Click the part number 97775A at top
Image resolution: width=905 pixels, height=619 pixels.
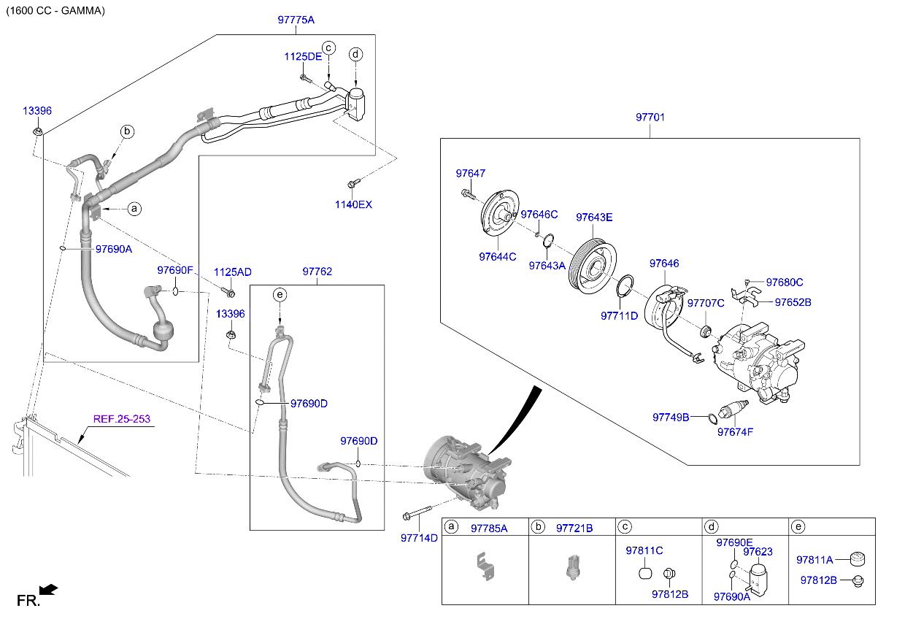(296, 20)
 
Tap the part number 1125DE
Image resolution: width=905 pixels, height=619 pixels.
(303, 56)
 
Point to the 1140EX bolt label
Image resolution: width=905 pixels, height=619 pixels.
(353, 204)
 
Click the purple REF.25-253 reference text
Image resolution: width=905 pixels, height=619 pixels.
(121, 419)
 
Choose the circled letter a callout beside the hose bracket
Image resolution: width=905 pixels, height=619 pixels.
(134, 209)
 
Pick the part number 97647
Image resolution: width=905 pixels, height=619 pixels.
(470, 174)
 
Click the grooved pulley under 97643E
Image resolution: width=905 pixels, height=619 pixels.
(592, 264)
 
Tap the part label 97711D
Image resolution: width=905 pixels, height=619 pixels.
(619, 315)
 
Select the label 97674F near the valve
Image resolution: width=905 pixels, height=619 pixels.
(734, 431)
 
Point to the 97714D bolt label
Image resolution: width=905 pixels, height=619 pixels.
(419, 538)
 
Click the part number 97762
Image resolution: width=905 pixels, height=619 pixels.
(317, 272)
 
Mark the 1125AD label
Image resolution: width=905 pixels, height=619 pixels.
(232, 272)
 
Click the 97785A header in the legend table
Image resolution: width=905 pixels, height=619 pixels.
(488, 528)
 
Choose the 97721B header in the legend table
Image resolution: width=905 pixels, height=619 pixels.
(574, 528)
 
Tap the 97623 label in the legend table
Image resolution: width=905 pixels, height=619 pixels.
(758, 552)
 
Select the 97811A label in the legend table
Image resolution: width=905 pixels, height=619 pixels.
(814, 560)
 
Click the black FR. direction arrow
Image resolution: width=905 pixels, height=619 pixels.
(48, 589)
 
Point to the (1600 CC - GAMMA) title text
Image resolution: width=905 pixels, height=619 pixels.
(55, 11)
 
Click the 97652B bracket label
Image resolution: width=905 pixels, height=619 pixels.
(793, 301)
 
